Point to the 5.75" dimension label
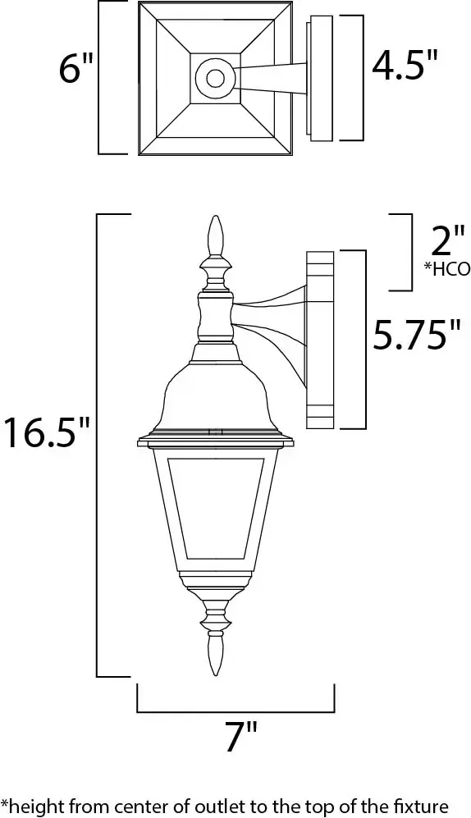click(x=417, y=335)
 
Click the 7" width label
click(x=241, y=736)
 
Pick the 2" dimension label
click(x=446, y=240)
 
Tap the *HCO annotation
click(x=447, y=269)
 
